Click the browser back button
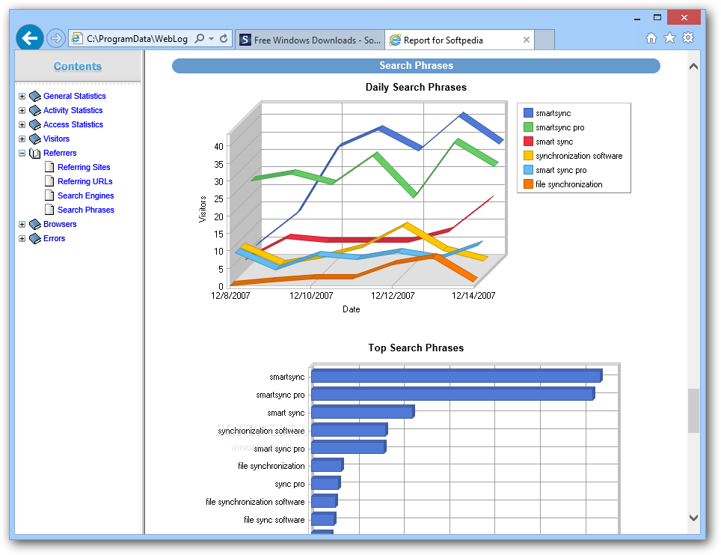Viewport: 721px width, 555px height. (x=30, y=38)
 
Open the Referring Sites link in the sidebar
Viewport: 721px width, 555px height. (x=84, y=167)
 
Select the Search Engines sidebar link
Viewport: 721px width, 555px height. (x=85, y=195)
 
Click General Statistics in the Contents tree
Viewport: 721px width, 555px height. (x=74, y=96)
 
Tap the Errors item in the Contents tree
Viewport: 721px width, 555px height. (x=54, y=238)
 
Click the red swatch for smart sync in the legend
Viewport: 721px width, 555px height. (x=528, y=142)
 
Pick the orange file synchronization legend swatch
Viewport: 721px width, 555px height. (x=528, y=184)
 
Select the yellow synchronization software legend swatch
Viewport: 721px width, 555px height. (x=528, y=156)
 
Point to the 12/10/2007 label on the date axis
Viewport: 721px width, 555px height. (x=312, y=296)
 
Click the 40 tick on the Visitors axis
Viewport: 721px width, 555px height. (x=218, y=146)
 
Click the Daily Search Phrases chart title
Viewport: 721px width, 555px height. (x=416, y=88)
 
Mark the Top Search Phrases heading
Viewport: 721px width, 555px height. (x=416, y=348)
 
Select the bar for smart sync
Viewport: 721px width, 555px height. (x=362, y=413)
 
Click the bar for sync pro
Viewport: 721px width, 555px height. (x=325, y=484)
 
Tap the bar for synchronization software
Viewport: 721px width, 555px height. (x=349, y=431)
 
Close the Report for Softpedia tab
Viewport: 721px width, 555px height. (x=527, y=40)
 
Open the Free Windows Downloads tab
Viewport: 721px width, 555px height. (x=310, y=40)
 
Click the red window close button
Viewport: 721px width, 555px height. (x=687, y=16)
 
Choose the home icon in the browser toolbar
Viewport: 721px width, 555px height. (x=651, y=38)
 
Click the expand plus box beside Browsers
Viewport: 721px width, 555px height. (x=22, y=224)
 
